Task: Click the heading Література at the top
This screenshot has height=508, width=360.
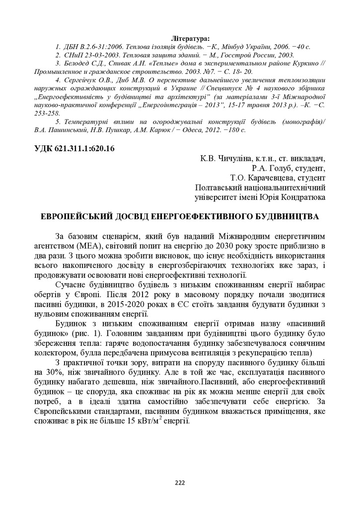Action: pos(190,38)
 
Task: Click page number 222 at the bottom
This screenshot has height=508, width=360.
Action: pos(180,483)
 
